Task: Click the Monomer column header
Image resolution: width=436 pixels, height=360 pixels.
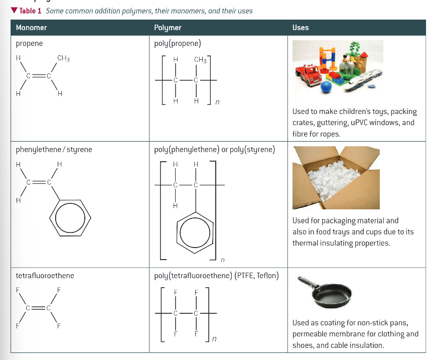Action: pos(31,28)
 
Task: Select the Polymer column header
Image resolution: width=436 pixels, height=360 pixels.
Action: pos(168,28)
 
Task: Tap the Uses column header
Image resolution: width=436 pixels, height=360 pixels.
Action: pos(301,28)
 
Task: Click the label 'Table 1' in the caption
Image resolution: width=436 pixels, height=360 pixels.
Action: pos(30,11)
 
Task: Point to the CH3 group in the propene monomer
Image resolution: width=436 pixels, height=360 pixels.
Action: pos(63,58)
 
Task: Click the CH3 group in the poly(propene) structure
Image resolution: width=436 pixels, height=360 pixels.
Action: pos(200,60)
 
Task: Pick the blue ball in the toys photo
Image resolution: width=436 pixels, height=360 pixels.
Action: pos(327,87)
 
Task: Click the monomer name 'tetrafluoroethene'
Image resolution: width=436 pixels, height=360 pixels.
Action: pos(45,276)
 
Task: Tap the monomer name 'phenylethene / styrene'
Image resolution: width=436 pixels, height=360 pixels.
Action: pos(54,150)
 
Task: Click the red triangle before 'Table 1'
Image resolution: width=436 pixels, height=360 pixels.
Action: pos(14,11)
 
